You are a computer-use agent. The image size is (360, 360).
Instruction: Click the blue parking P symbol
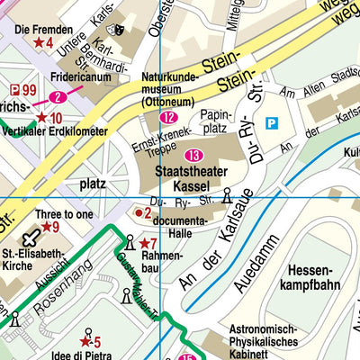273,122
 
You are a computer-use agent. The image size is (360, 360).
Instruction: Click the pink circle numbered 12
168,117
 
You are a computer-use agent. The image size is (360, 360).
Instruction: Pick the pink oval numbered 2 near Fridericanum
58,97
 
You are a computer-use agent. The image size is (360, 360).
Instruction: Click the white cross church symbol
31,238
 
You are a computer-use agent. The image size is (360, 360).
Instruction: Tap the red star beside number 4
38,42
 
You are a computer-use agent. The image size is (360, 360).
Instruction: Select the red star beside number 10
41,118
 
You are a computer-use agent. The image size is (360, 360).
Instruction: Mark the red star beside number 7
142,243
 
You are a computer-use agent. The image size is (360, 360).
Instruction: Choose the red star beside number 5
85,341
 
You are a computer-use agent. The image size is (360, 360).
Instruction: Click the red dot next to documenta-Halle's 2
138,213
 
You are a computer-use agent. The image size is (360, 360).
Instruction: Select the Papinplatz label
216,122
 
